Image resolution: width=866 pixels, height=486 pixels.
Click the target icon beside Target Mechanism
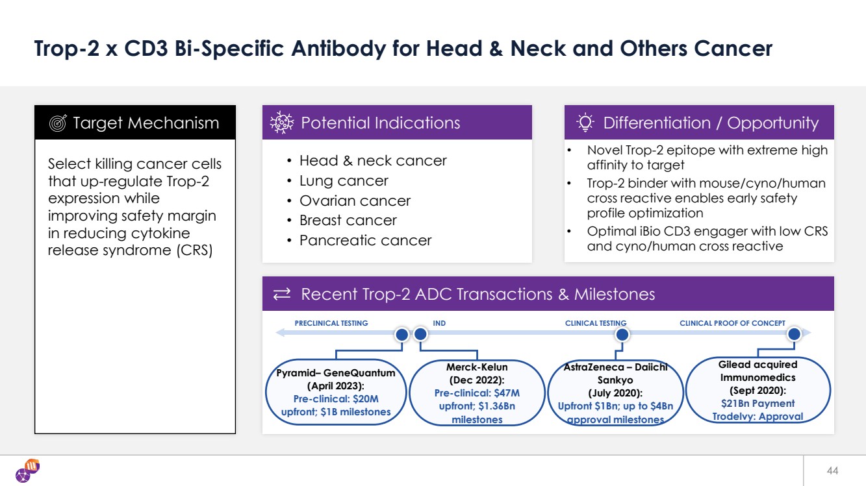tap(58, 123)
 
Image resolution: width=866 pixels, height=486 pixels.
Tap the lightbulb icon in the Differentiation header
tap(585, 123)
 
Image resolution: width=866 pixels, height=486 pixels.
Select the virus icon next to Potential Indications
tap(281, 123)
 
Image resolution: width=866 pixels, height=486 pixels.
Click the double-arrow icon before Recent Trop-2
tap(281, 294)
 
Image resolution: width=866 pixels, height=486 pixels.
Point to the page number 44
tap(832, 470)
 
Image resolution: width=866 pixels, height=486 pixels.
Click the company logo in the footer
tap(28, 470)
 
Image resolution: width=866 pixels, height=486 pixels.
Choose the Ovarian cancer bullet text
tap(355, 200)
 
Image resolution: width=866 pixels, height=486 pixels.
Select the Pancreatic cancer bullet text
tap(365, 241)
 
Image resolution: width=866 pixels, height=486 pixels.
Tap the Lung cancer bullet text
tap(344, 180)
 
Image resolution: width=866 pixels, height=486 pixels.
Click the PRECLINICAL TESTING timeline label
tap(331, 323)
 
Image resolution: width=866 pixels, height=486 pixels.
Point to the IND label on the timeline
tap(439, 323)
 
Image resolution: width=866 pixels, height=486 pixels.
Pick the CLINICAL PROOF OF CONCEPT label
tap(732, 323)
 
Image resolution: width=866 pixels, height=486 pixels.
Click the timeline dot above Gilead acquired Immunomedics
tap(794, 334)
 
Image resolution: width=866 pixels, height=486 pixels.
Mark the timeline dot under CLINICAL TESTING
tap(622, 334)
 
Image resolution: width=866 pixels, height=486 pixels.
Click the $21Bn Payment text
tap(758, 404)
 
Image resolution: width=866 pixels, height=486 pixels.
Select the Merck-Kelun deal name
tap(477, 367)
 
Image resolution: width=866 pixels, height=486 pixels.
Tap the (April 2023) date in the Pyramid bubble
tap(336, 386)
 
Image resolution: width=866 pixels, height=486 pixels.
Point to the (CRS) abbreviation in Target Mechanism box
tap(194, 250)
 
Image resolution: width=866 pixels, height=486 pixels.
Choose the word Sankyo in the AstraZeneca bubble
tap(615, 380)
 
